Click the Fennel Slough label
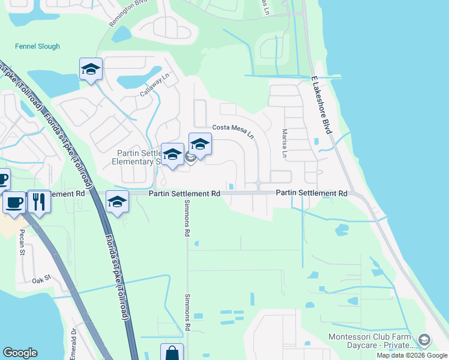pos(37,47)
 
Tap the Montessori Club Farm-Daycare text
pos(371,341)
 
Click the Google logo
pos(20,353)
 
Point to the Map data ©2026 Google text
pos(412,355)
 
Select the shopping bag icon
pos(172,352)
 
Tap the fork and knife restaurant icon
pos(39,201)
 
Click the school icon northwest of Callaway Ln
pos(91,70)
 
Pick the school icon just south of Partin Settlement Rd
pos(117,202)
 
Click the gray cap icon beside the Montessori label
pos(424,341)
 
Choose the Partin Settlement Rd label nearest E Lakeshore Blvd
pos(312,194)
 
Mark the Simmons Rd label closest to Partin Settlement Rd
pos(187,223)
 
